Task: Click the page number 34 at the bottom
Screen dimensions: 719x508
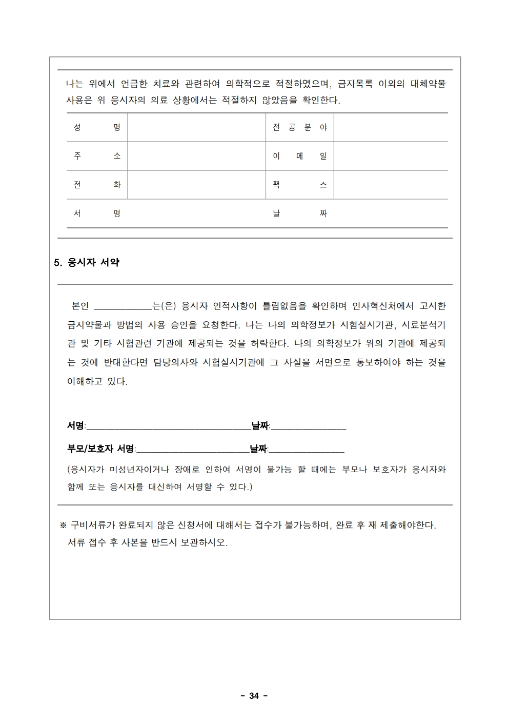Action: point(254,696)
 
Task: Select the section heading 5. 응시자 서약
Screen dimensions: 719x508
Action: point(87,262)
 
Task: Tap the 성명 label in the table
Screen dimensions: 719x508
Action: point(97,127)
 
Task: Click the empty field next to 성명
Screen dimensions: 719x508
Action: point(196,127)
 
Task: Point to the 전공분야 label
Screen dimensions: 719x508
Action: point(299,127)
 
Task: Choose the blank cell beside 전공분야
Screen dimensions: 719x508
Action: point(391,127)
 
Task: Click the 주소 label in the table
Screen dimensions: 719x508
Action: point(97,156)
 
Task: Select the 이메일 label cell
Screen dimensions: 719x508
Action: point(299,156)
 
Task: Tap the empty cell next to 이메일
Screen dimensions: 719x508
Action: point(391,156)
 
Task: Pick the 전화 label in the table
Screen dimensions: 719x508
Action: point(97,185)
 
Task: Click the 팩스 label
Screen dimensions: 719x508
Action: point(299,185)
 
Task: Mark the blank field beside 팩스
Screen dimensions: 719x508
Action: point(391,185)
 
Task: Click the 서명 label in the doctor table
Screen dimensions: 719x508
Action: point(97,213)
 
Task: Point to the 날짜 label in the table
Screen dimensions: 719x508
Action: point(299,213)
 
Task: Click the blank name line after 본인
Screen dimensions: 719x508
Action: point(123,307)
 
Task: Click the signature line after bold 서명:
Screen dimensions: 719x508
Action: point(168,426)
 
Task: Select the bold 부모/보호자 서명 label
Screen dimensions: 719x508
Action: point(100,449)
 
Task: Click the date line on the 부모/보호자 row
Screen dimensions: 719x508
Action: point(307,450)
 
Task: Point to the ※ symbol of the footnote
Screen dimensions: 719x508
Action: point(64,526)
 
